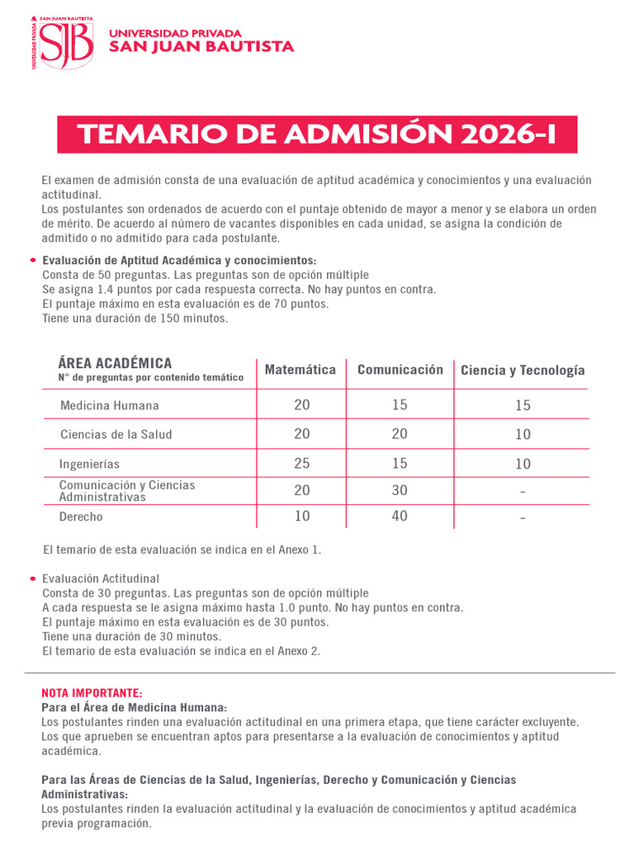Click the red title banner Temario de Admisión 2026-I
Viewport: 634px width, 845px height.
click(x=317, y=135)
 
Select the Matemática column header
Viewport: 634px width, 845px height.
click(x=300, y=370)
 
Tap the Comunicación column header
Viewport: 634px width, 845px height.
click(x=400, y=370)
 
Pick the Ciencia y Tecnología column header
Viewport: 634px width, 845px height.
click(x=523, y=371)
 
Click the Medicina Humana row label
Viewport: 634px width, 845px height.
click(x=110, y=406)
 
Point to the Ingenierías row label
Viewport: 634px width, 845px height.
click(x=90, y=464)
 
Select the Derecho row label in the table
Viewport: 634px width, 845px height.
click(x=81, y=517)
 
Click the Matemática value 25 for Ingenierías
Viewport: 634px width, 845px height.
click(x=302, y=464)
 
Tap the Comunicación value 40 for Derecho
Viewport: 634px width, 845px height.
click(x=400, y=517)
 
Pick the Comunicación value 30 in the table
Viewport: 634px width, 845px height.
click(x=400, y=490)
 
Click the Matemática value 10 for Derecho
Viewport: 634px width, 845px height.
click(x=302, y=517)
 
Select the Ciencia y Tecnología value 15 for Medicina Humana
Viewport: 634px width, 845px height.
click(x=523, y=406)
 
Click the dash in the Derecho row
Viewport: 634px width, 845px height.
click(x=523, y=518)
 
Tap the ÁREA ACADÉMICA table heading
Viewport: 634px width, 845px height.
click(x=116, y=363)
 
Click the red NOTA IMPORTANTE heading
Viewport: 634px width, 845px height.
click(x=92, y=692)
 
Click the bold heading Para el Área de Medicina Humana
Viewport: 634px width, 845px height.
click(x=135, y=707)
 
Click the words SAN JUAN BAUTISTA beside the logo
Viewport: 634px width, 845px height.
click(x=202, y=47)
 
